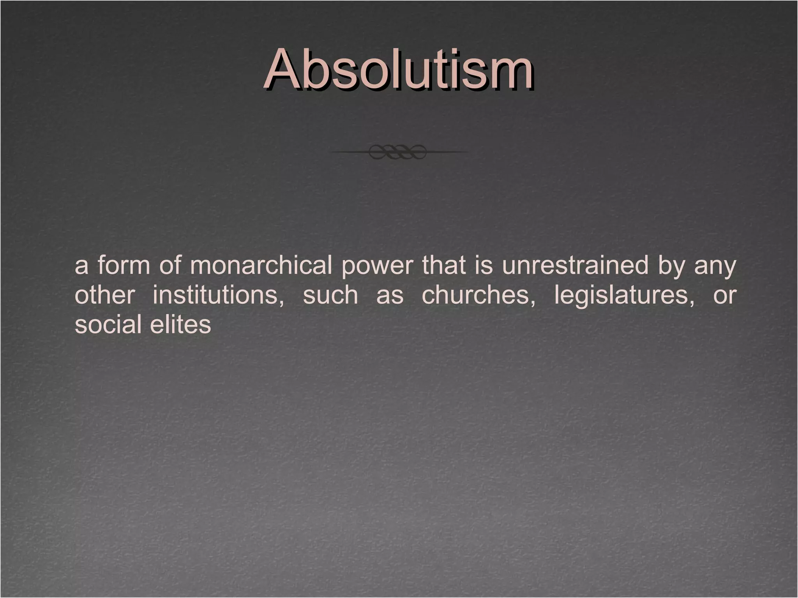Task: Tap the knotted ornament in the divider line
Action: coord(397,152)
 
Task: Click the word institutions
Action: coord(218,295)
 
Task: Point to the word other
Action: coord(104,295)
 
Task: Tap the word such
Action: coord(330,295)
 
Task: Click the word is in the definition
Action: coord(482,266)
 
